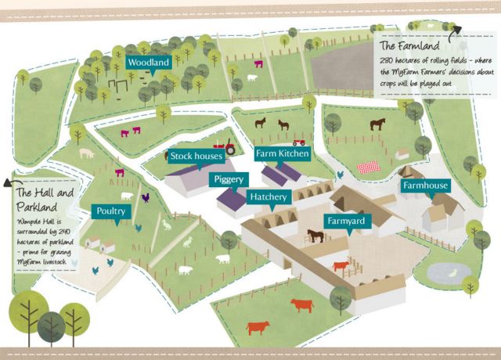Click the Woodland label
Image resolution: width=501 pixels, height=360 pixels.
(149, 62)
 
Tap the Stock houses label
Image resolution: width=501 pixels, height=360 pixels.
(197, 157)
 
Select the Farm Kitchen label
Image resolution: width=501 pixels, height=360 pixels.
(283, 153)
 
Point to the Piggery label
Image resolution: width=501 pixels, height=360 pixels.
(230, 179)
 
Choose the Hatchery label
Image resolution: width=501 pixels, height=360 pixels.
(269, 196)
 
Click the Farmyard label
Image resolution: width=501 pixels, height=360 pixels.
(345, 221)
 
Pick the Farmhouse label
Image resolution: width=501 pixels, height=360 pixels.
(425, 186)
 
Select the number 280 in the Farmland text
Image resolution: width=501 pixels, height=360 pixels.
(387, 62)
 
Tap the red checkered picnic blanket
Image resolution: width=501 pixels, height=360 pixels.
(369, 167)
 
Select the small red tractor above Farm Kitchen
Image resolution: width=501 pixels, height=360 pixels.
(298, 142)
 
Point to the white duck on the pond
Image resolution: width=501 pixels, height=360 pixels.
(452, 273)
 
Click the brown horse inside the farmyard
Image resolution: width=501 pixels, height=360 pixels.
(315, 235)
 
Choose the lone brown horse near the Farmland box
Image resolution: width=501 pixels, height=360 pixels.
(378, 124)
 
